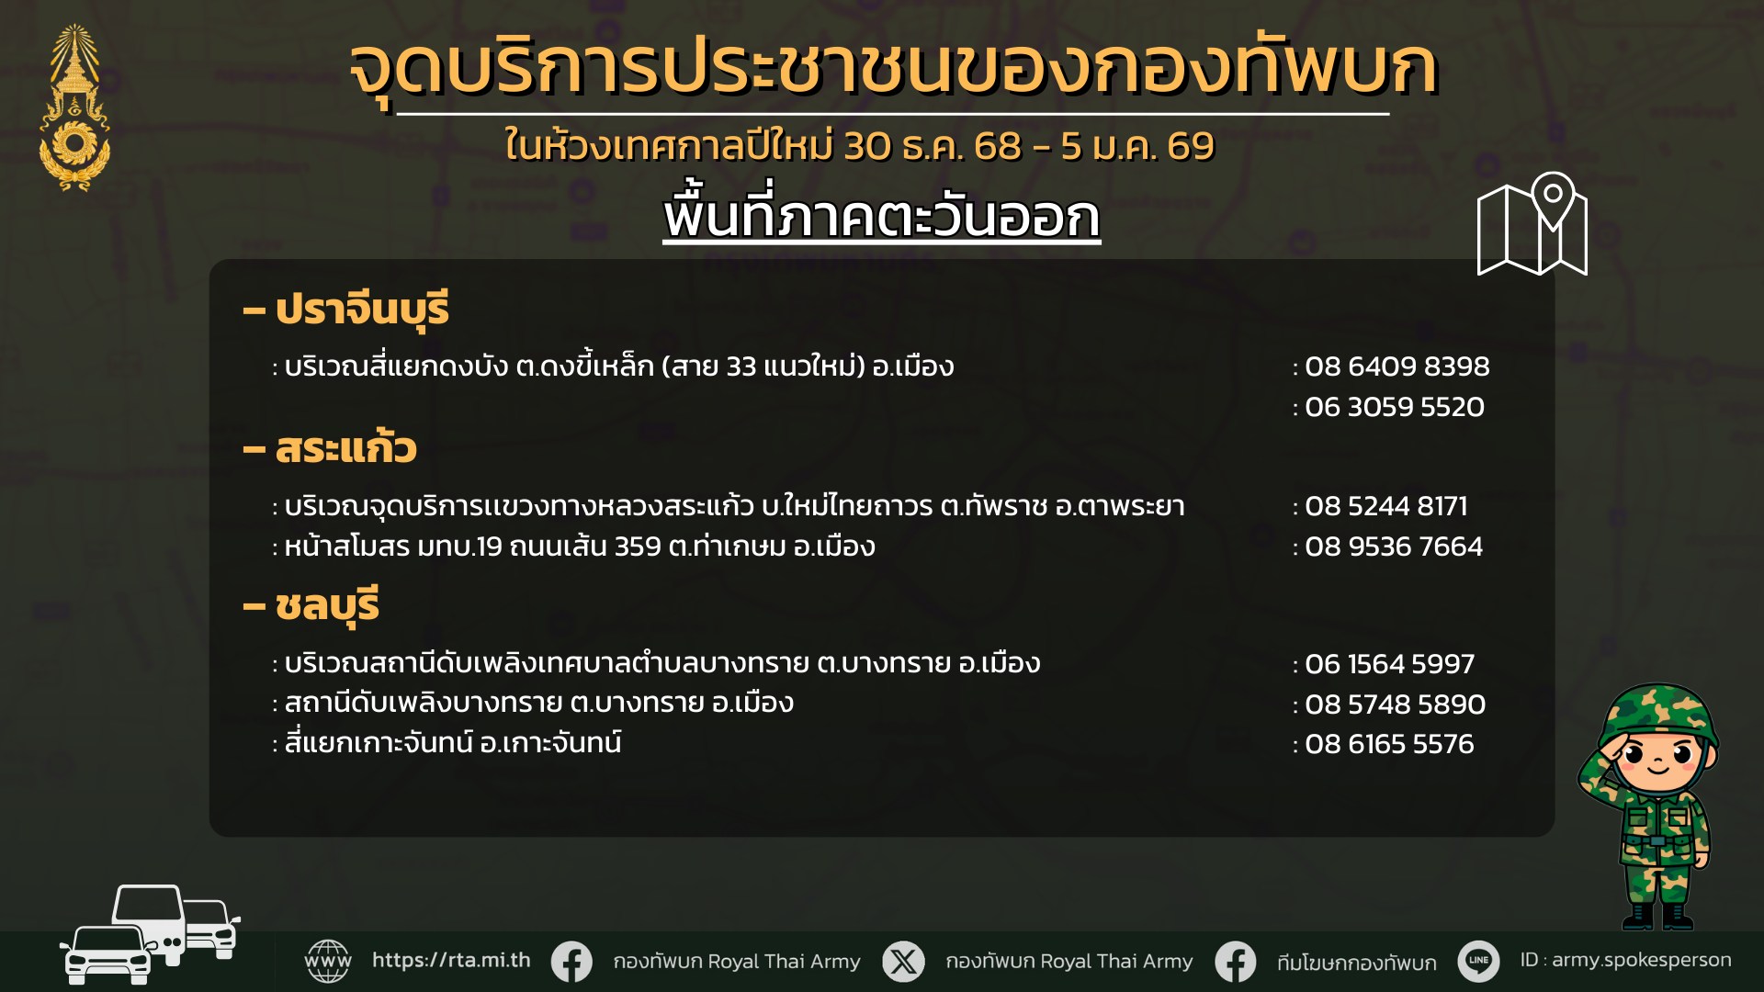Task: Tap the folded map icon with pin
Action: pyautogui.click(x=1532, y=224)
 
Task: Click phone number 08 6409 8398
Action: pyautogui.click(x=1396, y=366)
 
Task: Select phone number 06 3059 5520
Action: pyautogui.click(x=1394, y=407)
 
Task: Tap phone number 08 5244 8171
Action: pyautogui.click(x=1386, y=506)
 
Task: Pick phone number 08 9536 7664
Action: pyautogui.click(x=1394, y=547)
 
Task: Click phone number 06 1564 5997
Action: pyautogui.click(x=1389, y=664)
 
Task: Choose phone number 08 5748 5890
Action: pyautogui.click(x=1395, y=705)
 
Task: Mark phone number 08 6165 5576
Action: pyautogui.click(x=1389, y=744)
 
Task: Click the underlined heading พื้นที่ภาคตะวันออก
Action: pyautogui.click(x=882, y=217)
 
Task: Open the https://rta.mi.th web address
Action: pyautogui.click(x=451, y=961)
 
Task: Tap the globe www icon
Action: pyautogui.click(x=328, y=962)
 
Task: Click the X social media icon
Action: pyautogui.click(x=904, y=962)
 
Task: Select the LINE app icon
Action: pyautogui.click(x=1478, y=962)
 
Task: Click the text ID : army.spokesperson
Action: pyautogui.click(x=1625, y=961)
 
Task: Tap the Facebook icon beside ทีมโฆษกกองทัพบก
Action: pyautogui.click(x=1236, y=962)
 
